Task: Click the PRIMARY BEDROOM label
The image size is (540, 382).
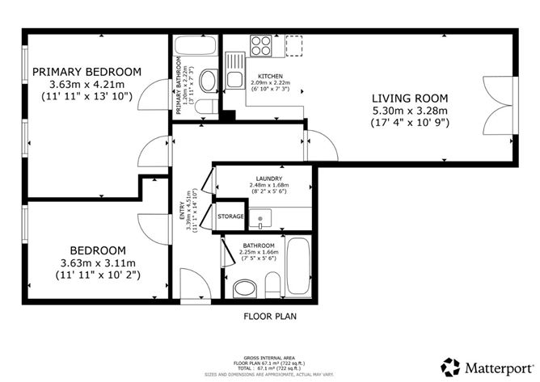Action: (86, 71)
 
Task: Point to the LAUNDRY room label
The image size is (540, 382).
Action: (268, 178)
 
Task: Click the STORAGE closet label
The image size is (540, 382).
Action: (230, 216)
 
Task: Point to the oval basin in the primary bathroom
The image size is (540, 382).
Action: (207, 80)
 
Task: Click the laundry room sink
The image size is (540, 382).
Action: (261, 216)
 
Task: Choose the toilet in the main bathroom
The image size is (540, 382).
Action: (243, 288)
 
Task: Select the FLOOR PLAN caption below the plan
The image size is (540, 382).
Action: (270, 317)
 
